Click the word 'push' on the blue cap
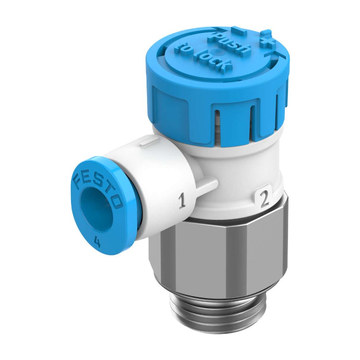click(x=229, y=44)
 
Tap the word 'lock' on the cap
click(x=212, y=60)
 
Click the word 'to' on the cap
click(x=183, y=47)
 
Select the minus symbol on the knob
click(x=238, y=30)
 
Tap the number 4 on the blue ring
click(x=97, y=242)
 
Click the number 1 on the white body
click(x=182, y=202)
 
